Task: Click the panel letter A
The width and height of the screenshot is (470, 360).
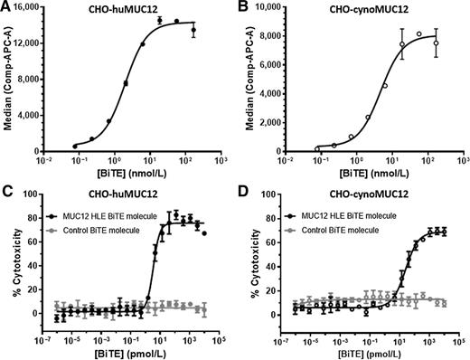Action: point(6,7)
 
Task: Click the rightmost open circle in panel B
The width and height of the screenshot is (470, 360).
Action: point(437,43)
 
